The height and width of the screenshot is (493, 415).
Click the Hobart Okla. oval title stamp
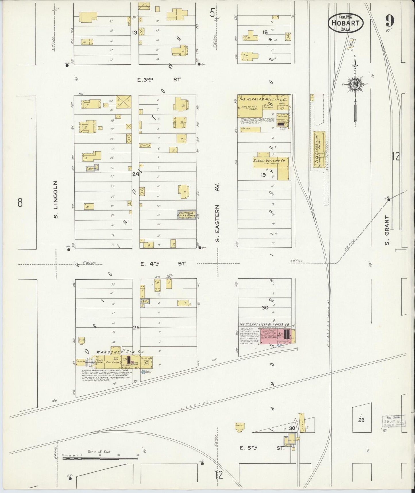[345, 23]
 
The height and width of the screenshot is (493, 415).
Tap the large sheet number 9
[390, 21]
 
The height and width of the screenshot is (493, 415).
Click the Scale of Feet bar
[100, 458]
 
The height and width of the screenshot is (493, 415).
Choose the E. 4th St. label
[162, 263]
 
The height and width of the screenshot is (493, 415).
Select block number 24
[136, 174]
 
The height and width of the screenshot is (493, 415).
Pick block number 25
[136, 327]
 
